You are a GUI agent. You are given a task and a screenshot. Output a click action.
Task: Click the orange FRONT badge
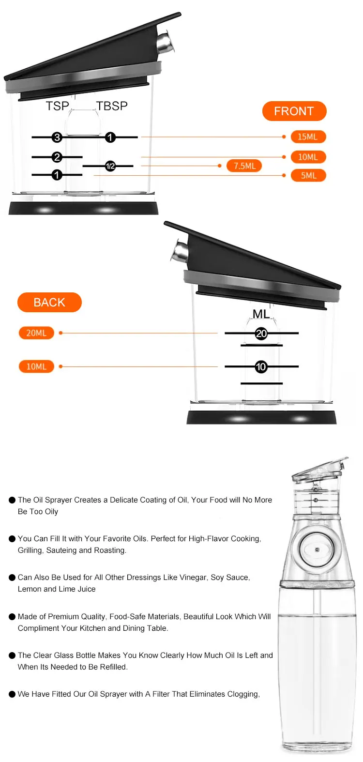pos(294,111)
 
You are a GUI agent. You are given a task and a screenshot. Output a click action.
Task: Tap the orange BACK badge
pos(49,303)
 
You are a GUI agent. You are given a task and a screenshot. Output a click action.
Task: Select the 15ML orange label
pos(308,137)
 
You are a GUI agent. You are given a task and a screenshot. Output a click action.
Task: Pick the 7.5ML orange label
pos(244,166)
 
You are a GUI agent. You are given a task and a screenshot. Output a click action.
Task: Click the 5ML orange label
pos(308,175)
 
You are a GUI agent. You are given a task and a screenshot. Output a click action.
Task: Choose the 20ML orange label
pos(36,333)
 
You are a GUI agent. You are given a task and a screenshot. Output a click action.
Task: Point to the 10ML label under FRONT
pos(308,157)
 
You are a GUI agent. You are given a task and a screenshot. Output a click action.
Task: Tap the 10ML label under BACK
pos(36,366)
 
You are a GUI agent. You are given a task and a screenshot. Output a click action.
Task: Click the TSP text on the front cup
pos(58,106)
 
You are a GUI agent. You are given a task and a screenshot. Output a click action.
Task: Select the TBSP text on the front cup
pos(112,106)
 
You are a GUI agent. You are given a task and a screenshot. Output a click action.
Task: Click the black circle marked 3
pos(57,137)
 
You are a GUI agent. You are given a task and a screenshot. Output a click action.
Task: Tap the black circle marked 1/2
pos(110,166)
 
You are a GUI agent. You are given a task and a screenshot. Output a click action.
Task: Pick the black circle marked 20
pos(261,334)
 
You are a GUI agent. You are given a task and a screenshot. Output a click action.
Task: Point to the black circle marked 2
pos(57,157)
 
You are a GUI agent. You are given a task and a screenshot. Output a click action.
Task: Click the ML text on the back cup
pos(261,314)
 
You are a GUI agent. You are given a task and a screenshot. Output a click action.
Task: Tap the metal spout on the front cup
pos(164,42)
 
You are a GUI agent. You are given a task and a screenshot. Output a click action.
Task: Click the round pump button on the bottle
pos(317,549)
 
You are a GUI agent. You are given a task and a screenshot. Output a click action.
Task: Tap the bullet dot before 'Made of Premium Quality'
pos(12,617)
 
